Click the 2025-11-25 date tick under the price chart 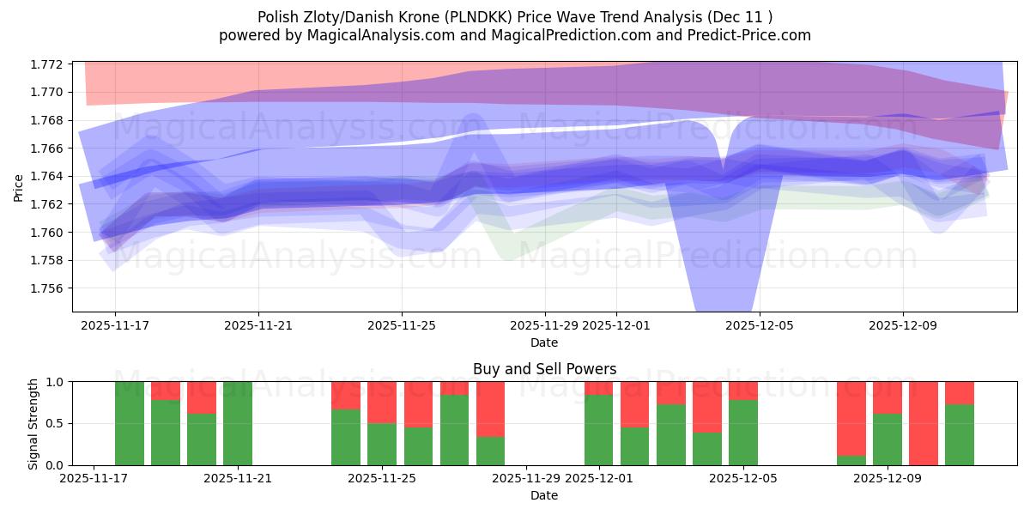click(x=402, y=326)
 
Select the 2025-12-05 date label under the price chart click(x=759, y=326)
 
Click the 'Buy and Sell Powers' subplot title click(x=544, y=369)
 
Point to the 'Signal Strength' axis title click(x=33, y=423)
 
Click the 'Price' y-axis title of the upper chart click(x=19, y=186)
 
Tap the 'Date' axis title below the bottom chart click(x=544, y=495)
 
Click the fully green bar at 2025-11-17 click(x=130, y=423)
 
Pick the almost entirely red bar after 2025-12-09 click(x=924, y=423)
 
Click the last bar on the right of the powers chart click(x=960, y=423)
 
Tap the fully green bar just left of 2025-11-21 click(x=238, y=423)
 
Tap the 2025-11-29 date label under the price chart click(x=545, y=326)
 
